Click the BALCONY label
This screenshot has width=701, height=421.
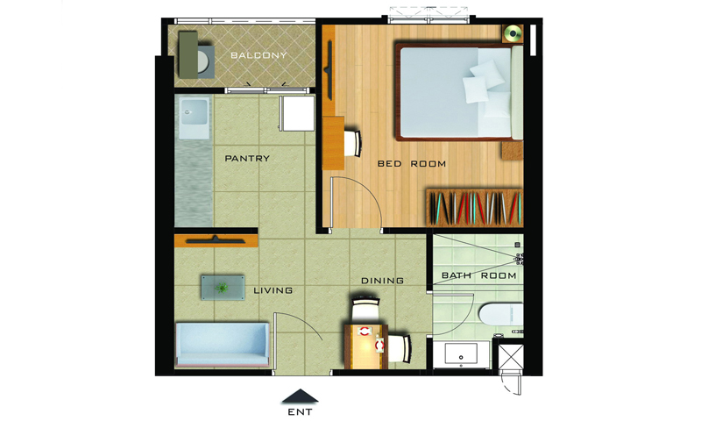point(258,55)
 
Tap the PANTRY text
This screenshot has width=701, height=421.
point(247,159)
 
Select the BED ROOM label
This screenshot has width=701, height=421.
point(412,164)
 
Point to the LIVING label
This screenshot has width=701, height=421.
point(273,290)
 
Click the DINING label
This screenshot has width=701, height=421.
point(382,281)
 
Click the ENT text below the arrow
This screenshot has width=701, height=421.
point(300,412)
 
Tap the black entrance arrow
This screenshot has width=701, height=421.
point(300,396)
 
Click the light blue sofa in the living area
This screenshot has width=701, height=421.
point(223,345)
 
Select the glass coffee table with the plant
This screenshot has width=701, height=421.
point(223,288)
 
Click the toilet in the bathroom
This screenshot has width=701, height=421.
point(500,315)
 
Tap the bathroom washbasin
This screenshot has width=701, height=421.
point(461,353)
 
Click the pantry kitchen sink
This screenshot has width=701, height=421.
point(194,118)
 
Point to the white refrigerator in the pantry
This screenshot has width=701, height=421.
point(297,113)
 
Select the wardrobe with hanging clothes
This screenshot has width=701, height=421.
point(474,208)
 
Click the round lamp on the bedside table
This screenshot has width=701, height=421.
point(513,33)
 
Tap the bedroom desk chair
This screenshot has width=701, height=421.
point(353,143)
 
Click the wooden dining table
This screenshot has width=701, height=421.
point(366,346)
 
